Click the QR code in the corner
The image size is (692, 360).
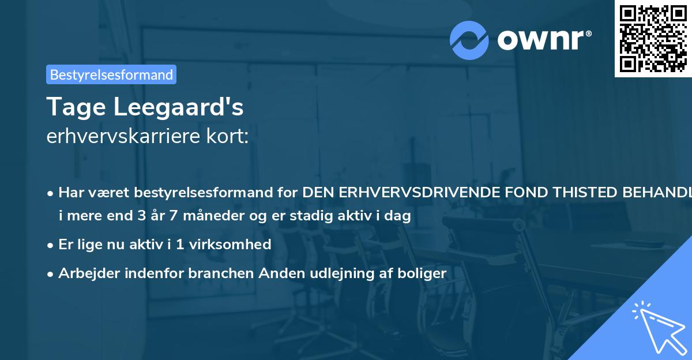(653, 38)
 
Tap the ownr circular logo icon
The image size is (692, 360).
(469, 40)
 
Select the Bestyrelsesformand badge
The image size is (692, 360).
(111, 74)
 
